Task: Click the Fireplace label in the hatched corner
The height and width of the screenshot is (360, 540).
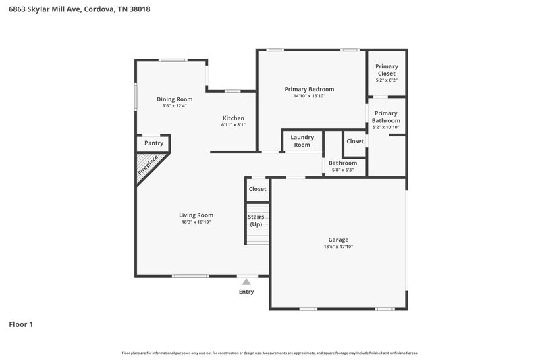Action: point(148,165)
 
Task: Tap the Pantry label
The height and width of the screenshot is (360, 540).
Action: point(154,143)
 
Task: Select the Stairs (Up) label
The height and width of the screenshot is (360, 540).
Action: point(256,220)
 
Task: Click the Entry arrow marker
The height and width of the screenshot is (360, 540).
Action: point(246,282)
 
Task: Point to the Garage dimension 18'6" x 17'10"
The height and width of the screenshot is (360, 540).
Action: point(338,247)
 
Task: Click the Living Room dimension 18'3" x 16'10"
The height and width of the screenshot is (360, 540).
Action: point(196,222)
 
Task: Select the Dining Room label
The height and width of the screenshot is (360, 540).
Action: point(174,99)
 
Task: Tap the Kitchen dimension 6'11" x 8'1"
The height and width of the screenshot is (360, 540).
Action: point(234,125)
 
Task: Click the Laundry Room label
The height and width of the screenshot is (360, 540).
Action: point(302,141)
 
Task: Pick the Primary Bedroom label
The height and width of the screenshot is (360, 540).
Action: point(309,89)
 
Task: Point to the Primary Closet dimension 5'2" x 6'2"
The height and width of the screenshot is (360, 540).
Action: point(386,80)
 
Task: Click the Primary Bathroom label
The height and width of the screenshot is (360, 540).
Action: point(386,117)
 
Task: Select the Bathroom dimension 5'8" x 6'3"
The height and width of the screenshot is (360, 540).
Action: point(343,170)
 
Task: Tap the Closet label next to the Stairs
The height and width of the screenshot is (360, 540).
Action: point(257,189)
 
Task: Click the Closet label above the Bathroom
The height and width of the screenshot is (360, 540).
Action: point(355,141)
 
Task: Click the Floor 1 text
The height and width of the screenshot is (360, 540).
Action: point(21,324)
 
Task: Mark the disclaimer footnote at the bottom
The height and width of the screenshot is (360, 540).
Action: point(270,353)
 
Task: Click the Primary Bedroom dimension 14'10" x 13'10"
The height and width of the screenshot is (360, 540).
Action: point(309,97)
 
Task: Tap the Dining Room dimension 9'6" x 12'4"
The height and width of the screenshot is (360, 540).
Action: point(174,106)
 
